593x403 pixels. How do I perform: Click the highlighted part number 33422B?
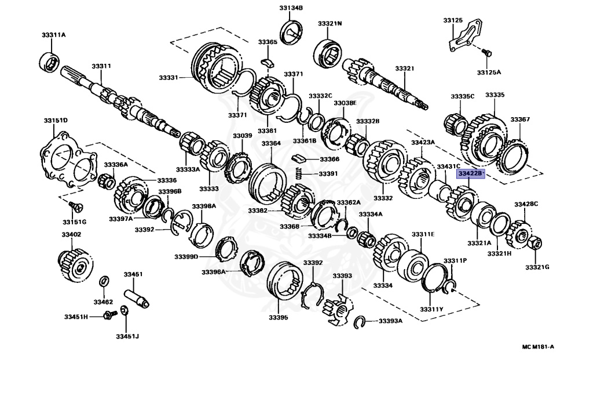[x=470, y=173]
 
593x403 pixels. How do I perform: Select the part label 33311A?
[x=53, y=35]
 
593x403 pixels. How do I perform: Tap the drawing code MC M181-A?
[x=538, y=347]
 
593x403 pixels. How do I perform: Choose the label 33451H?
[x=76, y=317]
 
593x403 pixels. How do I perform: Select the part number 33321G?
[x=537, y=267]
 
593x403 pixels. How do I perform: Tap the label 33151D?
[x=56, y=121]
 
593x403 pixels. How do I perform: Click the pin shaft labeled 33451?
[x=136, y=295]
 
